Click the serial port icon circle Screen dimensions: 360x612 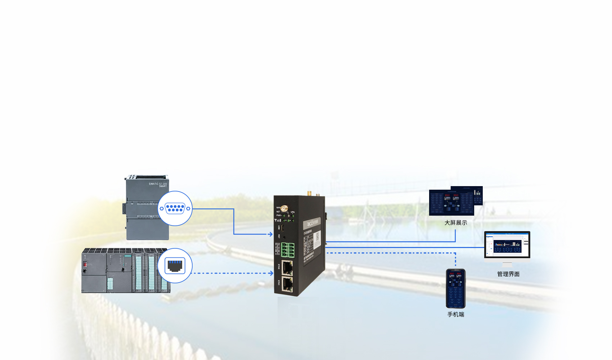pyautogui.click(x=175, y=208)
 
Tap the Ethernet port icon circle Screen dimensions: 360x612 pyautogui.click(x=175, y=266)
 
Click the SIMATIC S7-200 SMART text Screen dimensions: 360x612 pyautogui.click(x=158, y=185)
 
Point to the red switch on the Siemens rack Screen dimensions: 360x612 pyautogui.click(x=85, y=264)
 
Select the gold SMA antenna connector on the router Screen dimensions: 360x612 pyautogui.click(x=284, y=208)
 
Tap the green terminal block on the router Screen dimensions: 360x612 pyautogui.click(x=288, y=249)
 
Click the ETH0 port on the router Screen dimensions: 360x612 pyautogui.click(x=287, y=267)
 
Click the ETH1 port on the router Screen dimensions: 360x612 pyautogui.click(x=287, y=284)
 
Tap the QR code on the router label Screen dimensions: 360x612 pyautogui.click(x=318, y=237)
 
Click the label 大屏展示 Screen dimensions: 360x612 pyautogui.click(x=456, y=223)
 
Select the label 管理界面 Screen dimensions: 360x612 pyautogui.click(x=508, y=274)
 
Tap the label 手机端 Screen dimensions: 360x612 pyautogui.click(x=456, y=314)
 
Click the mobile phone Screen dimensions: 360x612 pyautogui.click(x=456, y=288)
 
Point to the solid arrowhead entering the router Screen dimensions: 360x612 pyautogui.click(x=270, y=234)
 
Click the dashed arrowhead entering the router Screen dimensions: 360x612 pyautogui.click(x=271, y=273)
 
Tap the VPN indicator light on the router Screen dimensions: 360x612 pyautogui.click(x=293, y=216)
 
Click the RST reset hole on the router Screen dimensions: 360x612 pyautogui.click(x=284, y=238)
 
